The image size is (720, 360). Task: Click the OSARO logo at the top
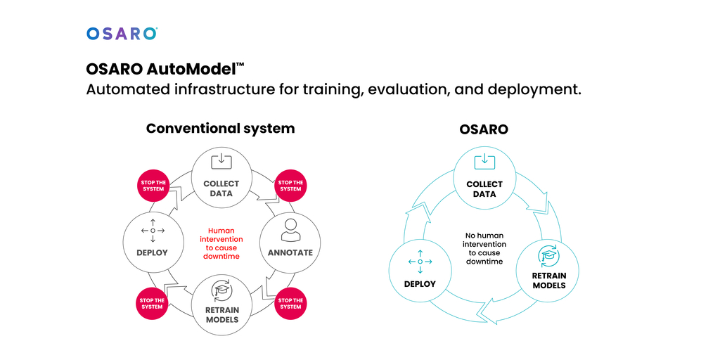pyautogui.click(x=122, y=33)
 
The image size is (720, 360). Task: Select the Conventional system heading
pyautogui.click(x=220, y=129)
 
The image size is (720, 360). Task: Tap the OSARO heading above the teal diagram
pyautogui.click(x=484, y=129)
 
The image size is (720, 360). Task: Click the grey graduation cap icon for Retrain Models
pyautogui.click(x=222, y=290)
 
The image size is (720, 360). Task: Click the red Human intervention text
pyautogui.click(x=221, y=243)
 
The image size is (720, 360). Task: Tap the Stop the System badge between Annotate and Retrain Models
pyautogui.click(x=290, y=304)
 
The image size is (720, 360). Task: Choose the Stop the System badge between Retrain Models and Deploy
pyautogui.click(x=153, y=304)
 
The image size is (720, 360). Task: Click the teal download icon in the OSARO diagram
pyautogui.click(x=484, y=162)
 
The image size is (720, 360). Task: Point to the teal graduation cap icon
pyautogui.click(x=548, y=255)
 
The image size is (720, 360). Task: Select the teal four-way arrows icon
pyautogui.click(x=420, y=262)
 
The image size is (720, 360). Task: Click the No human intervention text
pyautogui.click(x=484, y=248)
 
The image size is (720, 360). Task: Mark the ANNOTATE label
pyautogui.click(x=290, y=252)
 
